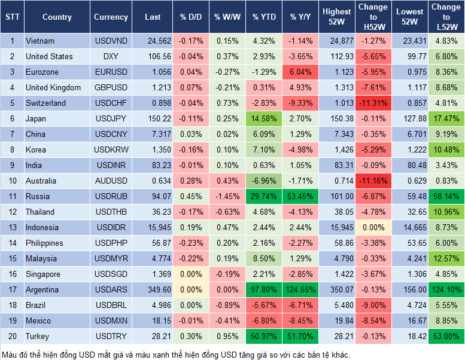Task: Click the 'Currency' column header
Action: pyautogui.click(x=111, y=17)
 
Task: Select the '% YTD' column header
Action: pyautogui.click(x=264, y=17)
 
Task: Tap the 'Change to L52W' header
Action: pyautogui.click(x=446, y=17)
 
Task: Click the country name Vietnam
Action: pyautogui.click(x=40, y=41)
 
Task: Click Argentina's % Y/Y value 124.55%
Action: pyautogui.click(x=301, y=289)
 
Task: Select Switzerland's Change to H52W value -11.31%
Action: pyautogui.click(x=373, y=103)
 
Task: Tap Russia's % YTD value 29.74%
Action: pyautogui.click(x=264, y=196)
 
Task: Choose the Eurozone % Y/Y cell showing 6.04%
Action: pyautogui.click(x=301, y=72)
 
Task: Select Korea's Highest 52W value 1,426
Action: pyautogui.click(x=336, y=150)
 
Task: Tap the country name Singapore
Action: pyautogui.click(x=43, y=274)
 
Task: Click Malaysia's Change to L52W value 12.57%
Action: pyautogui.click(x=446, y=258)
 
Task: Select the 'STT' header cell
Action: pyautogui.click(x=12, y=17)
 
